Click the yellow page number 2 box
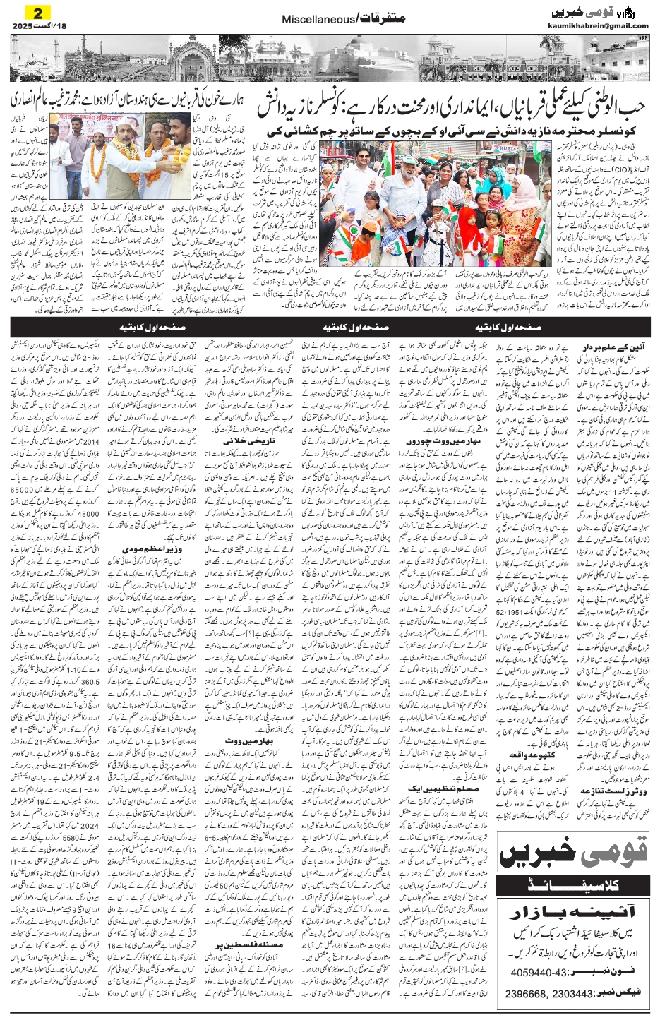pyautogui.click(x=32, y=11)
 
